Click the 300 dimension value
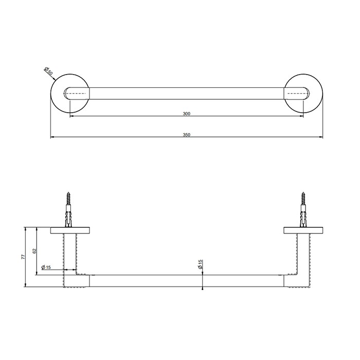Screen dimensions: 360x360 point(187,113)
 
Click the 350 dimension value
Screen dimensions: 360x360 point(187,135)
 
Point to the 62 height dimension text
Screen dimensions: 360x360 point(35,251)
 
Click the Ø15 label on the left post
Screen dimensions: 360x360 point(46,267)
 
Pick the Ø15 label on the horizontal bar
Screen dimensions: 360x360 point(200,264)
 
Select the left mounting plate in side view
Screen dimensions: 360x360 point(70,230)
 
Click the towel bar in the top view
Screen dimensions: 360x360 point(187,94)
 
